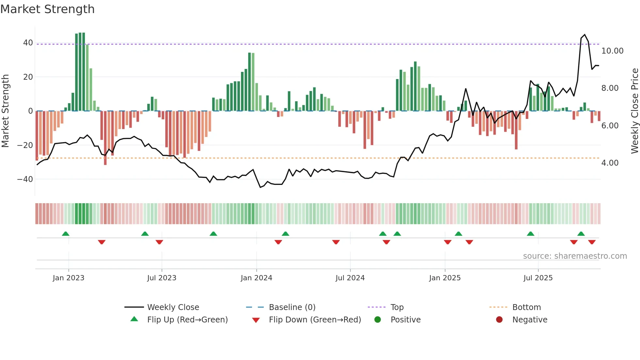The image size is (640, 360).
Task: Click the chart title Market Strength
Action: click(x=47, y=9)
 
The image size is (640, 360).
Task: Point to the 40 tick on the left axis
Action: click(x=28, y=43)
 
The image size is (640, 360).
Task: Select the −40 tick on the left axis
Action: click(x=25, y=179)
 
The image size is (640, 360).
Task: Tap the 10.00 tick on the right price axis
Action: click(x=612, y=51)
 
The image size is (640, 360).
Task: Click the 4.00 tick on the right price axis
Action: click(x=610, y=163)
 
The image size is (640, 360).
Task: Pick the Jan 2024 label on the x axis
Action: click(x=256, y=278)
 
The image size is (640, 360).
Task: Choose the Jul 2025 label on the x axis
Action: click(x=538, y=278)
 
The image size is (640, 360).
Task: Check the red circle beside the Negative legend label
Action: click(x=499, y=319)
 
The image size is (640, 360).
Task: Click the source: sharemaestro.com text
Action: click(x=575, y=256)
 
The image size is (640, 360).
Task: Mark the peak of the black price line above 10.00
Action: click(x=584, y=35)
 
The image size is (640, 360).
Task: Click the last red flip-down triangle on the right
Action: click(x=592, y=242)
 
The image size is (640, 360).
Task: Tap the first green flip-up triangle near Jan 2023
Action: click(x=66, y=234)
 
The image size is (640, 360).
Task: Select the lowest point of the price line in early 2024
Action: click(x=260, y=187)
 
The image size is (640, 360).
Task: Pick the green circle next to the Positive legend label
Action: click(x=377, y=319)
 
